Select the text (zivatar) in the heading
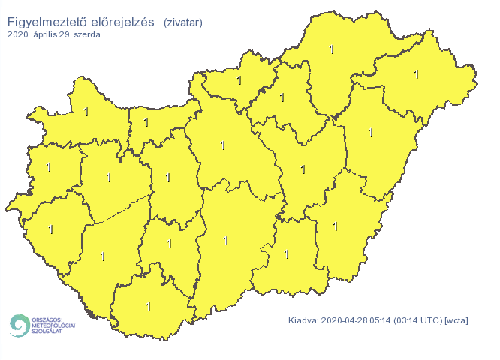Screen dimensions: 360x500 182,22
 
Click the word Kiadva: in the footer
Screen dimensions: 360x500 304,321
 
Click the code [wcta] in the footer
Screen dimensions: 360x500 456,321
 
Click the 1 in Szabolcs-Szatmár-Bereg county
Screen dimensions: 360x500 417,73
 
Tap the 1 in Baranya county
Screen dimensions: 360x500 148,306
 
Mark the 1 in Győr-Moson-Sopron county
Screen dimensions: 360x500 86,112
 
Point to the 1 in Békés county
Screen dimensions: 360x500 335,226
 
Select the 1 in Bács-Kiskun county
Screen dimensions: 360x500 225,240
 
